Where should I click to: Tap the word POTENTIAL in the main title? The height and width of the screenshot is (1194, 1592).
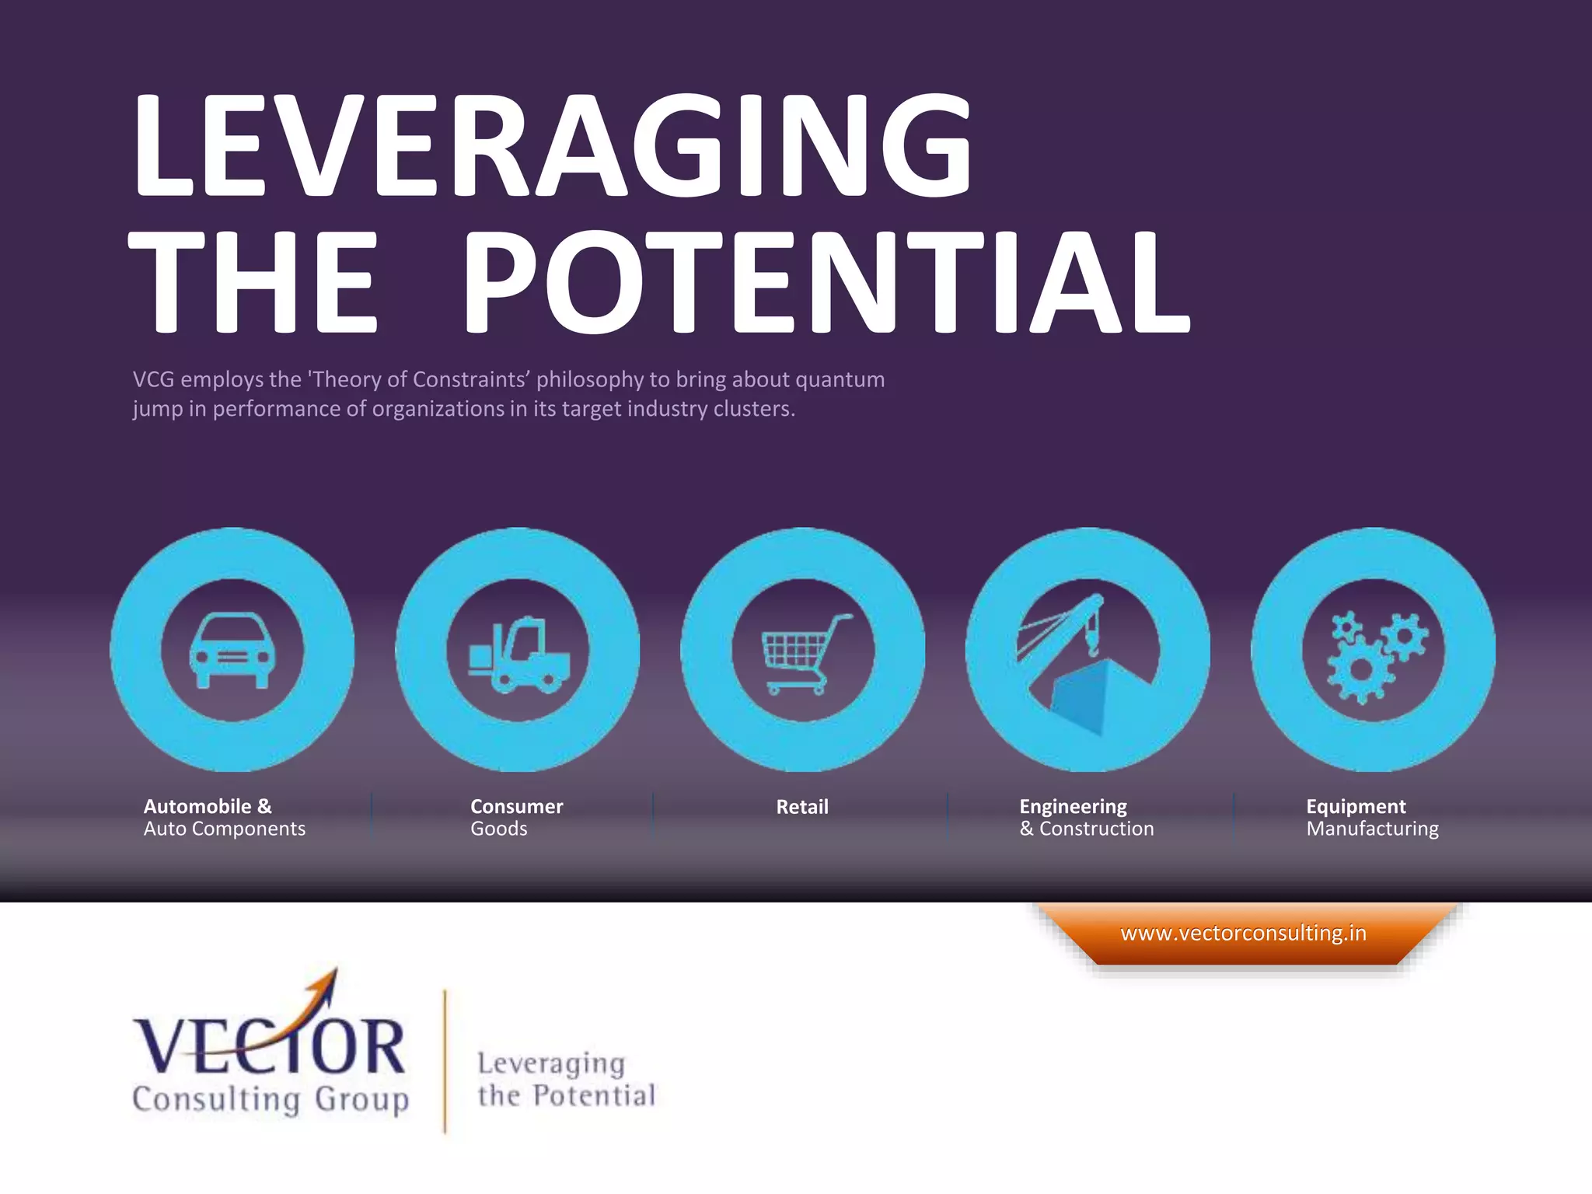[x=826, y=283]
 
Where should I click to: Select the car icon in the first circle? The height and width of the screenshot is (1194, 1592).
[x=232, y=650]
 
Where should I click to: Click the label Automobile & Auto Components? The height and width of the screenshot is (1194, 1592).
[x=224, y=817]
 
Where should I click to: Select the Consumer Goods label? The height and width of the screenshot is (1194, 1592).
[x=516, y=817]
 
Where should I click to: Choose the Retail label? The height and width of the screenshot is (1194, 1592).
[x=802, y=807]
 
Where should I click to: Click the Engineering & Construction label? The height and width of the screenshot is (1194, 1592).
[x=1086, y=817]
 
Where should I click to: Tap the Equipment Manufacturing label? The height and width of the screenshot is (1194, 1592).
[x=1372, y=817]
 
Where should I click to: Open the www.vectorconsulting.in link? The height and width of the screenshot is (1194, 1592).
[x=1243, y=933]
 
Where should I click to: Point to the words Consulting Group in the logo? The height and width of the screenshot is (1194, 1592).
[x=271, y=1099]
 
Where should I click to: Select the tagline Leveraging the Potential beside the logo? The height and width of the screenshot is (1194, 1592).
[x=566, y=1079]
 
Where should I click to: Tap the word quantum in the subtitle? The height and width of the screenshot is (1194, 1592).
[x=840, y=379]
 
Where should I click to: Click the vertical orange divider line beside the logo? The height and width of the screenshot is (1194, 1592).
[x=445, y=1061]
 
